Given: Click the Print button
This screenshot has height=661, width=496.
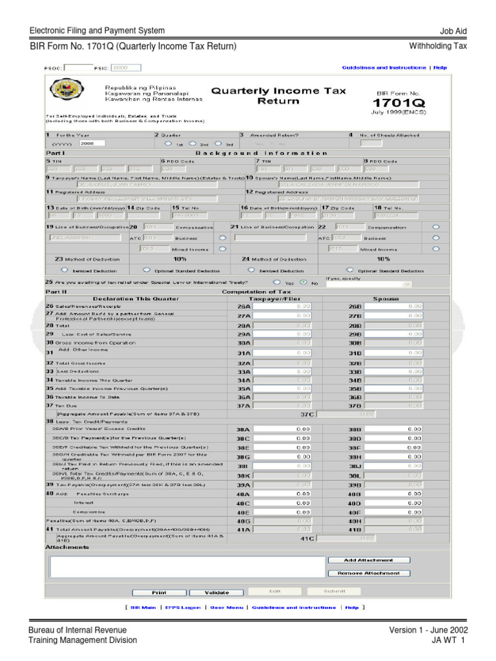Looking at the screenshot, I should [159, 592].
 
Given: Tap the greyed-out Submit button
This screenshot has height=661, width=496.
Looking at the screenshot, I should [333, 591].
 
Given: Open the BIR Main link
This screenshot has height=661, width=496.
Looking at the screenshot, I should [143, 607].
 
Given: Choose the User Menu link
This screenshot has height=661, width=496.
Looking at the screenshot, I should [227, 607].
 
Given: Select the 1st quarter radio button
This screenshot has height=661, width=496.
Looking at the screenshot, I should [169, 143].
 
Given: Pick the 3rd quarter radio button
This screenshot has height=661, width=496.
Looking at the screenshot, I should [218, 143].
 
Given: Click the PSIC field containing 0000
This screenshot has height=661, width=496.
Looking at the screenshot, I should [126, 67].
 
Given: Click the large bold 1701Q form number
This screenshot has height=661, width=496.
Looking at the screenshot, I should [391, 103].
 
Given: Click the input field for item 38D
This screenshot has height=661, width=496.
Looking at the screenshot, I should [395, 438].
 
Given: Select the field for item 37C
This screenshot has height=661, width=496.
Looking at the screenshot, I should [346, 414].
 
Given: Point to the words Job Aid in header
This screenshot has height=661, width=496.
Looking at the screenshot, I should [453, 32].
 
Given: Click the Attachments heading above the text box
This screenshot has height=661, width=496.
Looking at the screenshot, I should [67, 547].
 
